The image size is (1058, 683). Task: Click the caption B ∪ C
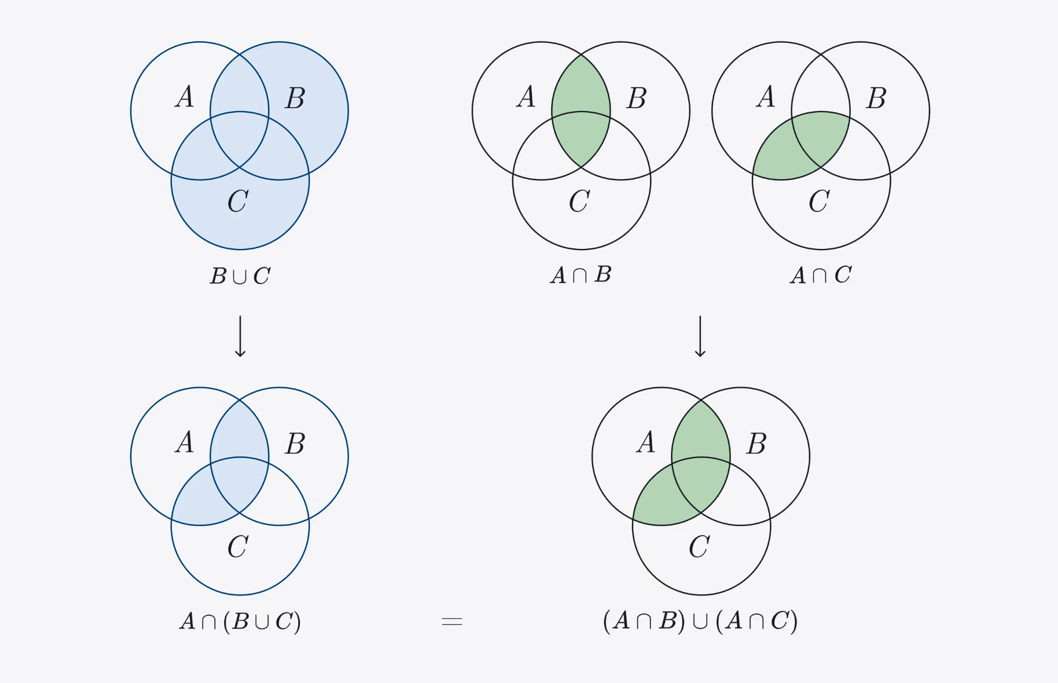(x=240, y=276)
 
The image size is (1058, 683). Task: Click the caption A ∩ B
(x=581, y=274)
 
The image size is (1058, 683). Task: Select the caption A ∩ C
(x=821, y=274)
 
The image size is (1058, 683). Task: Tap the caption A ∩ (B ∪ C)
(x=240, y=621)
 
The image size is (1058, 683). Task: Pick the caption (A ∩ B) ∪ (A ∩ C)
(x=700, y=621)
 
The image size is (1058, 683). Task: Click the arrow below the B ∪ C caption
(x=240, y=336)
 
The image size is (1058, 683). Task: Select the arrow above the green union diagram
(x=700, y=336)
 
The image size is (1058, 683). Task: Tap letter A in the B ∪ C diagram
(x=185, y=97)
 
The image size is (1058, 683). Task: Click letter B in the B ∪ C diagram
(x=295, y=98)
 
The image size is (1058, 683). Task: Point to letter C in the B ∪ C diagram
(x=238, y=201)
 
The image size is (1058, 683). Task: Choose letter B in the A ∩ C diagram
(x=876, y=98)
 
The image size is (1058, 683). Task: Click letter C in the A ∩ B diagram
(x=579, y=201)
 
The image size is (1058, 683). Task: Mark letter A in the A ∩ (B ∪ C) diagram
(x=185, y=442)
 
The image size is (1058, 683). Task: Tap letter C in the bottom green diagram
(x=699, y=547)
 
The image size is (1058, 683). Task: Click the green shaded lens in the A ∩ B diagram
(x=581, y=110)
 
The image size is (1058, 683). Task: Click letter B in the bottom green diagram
(x=756, y=444)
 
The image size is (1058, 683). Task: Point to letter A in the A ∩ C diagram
(x=766, y=97)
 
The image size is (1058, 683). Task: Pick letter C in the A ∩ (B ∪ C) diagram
(x=238, y=547)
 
